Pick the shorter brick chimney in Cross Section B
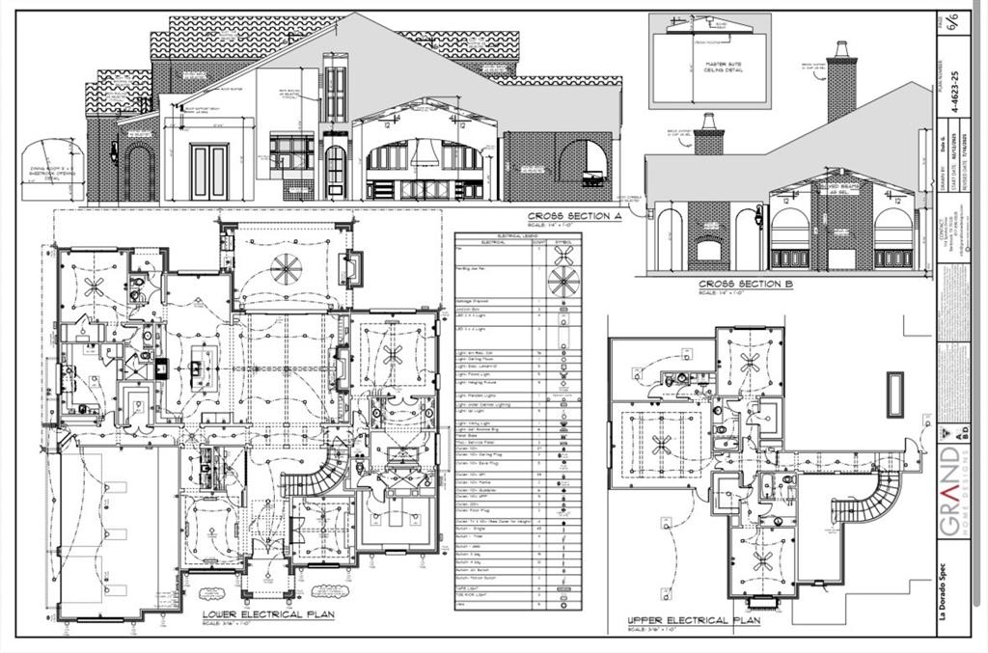(709, 135)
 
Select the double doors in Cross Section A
(210, 170)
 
